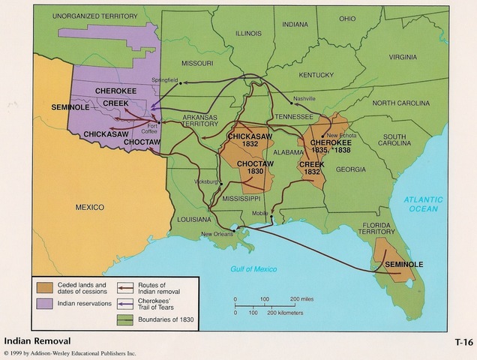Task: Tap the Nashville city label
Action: [304, 98]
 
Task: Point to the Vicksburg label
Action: [205, 182]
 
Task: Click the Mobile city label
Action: [259, 213]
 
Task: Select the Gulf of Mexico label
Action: [253, 268]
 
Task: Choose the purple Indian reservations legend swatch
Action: [44, 304]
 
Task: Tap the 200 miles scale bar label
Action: [310, 298]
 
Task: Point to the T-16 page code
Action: [463, 341]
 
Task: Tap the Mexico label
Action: [89, 206]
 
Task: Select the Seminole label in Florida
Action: [404, 265]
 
